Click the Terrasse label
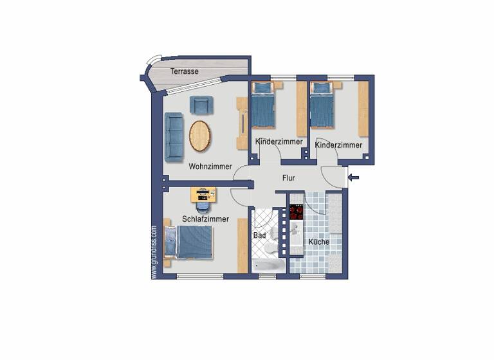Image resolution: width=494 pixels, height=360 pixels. point(184,71)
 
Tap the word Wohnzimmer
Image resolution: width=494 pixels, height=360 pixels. point(210,166)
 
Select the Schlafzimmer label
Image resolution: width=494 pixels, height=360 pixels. point(205,219)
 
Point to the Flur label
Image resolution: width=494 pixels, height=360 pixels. point(288,179)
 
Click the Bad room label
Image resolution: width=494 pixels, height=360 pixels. point(259,236)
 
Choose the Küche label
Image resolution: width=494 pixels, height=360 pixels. point(318,242)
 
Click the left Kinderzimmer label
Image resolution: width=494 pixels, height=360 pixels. point(278,141)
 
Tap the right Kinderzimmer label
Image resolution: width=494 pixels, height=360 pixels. point(338,145)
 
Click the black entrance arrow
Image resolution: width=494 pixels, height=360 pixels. point(354,178)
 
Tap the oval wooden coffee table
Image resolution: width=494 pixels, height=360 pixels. point(200,136)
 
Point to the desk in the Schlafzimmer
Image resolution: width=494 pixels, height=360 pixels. point(203,194)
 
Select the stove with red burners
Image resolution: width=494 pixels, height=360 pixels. point(297,212)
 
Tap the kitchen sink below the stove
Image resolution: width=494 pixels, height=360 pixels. point(296,231)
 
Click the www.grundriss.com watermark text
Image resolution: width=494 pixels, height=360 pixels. point(154,251)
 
